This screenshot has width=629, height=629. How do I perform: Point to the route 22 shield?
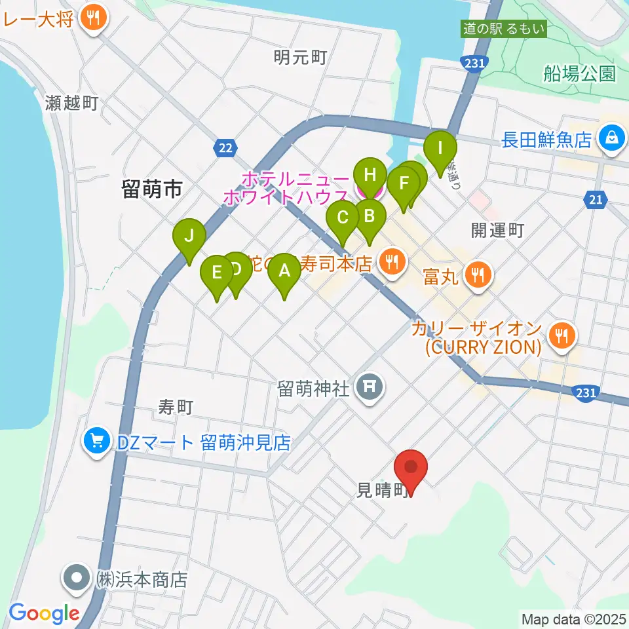click(225, 149)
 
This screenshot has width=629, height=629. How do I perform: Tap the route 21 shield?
click(595, 200)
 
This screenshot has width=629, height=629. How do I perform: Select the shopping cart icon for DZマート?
click(97, 443)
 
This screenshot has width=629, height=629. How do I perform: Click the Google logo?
click(43, 613)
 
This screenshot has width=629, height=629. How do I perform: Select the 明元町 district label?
click(300, 58)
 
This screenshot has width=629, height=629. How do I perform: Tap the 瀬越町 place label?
click(72, 103)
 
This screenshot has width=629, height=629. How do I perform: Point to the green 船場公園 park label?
click(579, 73)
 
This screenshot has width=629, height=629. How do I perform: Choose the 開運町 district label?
click(498, 230)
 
